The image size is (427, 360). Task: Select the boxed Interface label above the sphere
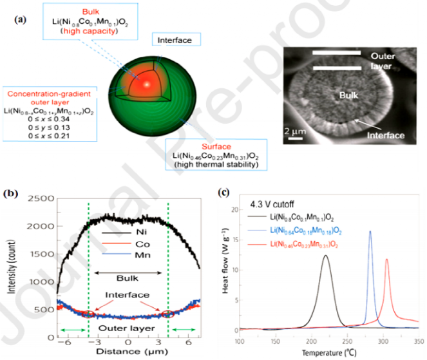[176, 40]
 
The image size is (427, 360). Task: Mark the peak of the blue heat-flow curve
[370, 232]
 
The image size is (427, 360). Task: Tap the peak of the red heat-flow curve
[387, 259]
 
